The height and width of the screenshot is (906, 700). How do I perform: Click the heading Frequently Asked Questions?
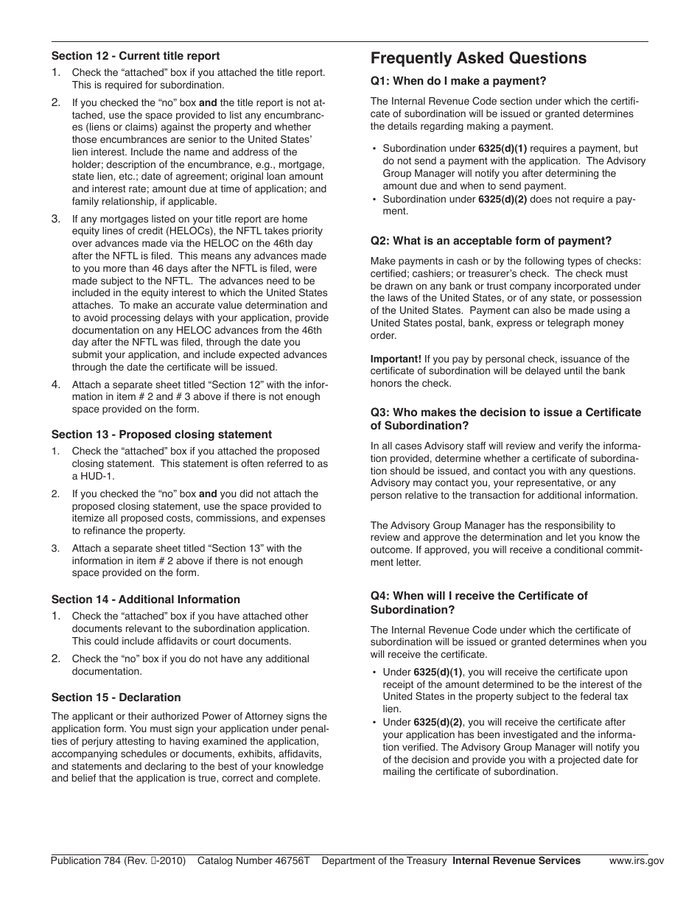(x=478, y=58)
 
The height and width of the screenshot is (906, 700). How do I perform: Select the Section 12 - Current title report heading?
(x=136, y=56)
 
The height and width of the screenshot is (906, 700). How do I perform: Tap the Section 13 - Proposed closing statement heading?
(x=161, y=435)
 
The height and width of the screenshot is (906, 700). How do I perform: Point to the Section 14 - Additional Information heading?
(x=146, y=600)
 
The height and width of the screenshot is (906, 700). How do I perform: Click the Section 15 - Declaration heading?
(x=116, y=698)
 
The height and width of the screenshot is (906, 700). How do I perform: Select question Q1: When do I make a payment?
(x=458, y=81)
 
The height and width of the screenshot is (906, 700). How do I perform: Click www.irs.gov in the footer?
(x=636, y=860)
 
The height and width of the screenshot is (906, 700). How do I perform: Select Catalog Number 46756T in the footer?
(x=253, y=860)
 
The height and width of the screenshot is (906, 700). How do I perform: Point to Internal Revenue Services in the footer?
(x=516, y=860)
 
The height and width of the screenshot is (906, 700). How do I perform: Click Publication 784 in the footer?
(x=85, y=860)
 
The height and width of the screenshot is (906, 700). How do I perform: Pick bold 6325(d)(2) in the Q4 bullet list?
(x=439, y=723)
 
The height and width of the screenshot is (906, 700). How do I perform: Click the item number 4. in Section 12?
(x=56, y=384)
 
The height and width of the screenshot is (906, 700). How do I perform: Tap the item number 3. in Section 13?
(x=56, y=549)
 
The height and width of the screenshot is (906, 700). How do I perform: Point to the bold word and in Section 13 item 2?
(x=208, y=494)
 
